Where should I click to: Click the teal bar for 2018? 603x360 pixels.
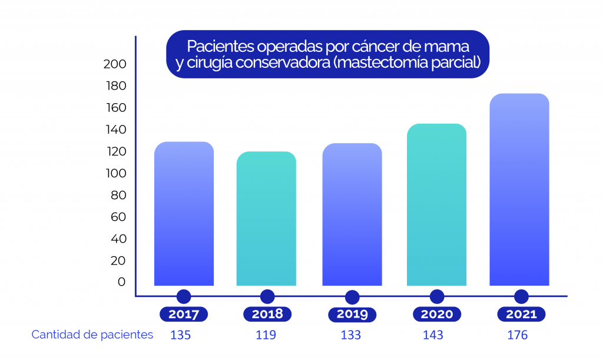tap(266, 219)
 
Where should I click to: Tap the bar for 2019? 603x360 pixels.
tap(352, 214)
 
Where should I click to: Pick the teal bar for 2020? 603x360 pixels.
tap(436, 204)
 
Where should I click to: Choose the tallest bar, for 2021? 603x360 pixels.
tap(519, 190)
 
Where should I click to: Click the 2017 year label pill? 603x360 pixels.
tap(184, 314)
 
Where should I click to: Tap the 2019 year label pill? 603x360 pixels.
tap(352, 314)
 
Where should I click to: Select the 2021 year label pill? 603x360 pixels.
tap(521, 314)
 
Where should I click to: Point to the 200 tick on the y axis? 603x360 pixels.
tap(115, 64)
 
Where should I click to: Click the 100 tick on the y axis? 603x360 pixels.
tap(115, 173)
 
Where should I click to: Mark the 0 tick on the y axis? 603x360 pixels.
tap(121, 282)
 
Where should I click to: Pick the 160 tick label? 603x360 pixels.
tap(115, 108)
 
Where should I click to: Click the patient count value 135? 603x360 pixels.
tap(181, 335)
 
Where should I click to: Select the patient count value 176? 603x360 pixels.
tap(518, 335)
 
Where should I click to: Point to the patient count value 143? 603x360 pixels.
tap(433, 335)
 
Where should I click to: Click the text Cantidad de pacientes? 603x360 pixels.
tap(92, 335)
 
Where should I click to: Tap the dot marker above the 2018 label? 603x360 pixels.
tap(267, 296)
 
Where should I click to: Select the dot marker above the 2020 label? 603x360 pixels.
tap(437, 296)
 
